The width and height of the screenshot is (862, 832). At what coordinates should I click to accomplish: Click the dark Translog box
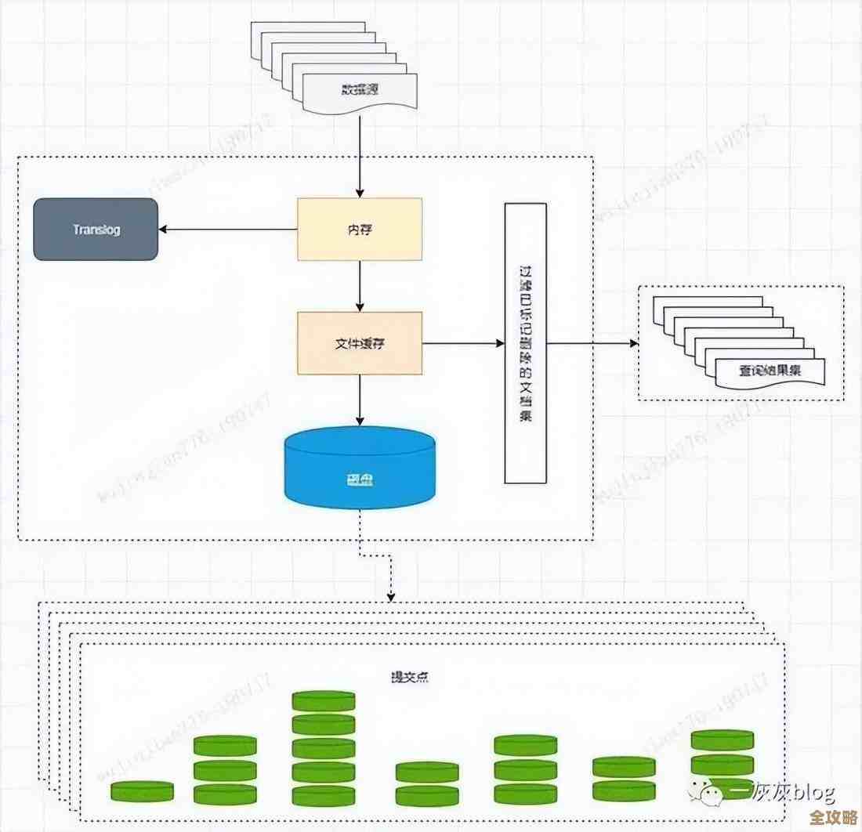[96, 230]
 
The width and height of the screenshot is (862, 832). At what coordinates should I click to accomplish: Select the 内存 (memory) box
[359, 229]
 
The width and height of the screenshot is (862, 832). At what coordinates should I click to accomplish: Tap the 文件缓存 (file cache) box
[359, 343]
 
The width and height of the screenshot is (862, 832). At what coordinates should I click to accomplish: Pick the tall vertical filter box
[524, 342]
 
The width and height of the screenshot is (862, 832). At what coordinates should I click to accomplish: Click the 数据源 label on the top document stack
[359, 90]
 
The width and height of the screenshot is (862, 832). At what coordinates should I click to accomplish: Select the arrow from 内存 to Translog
[227, 230]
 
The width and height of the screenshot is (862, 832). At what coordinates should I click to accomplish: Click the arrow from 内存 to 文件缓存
[359, 286]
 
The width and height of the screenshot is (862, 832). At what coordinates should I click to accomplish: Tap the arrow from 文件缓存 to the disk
[359, 400]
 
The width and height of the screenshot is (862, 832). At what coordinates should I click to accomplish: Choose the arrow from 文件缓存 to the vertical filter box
[462, 343]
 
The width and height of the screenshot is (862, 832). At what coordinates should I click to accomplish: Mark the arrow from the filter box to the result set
[592, 343]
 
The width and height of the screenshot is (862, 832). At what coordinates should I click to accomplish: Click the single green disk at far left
[142, 791]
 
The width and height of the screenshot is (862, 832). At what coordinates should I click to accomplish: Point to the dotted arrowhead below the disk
[390, 598]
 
